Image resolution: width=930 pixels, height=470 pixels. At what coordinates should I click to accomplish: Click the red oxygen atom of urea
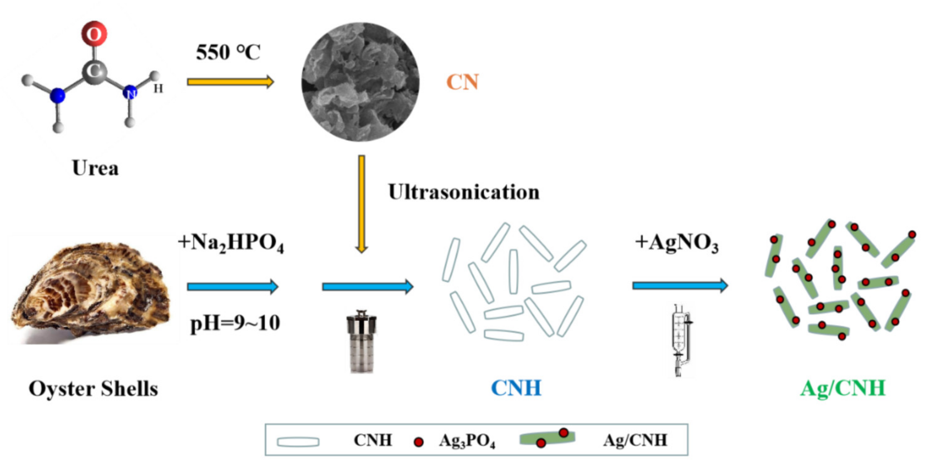(x=94, y=33)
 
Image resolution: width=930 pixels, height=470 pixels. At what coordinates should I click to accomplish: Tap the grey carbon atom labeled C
(x=94, y=71)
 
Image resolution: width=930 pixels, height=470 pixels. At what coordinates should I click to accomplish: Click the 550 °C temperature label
(x=228, y=52)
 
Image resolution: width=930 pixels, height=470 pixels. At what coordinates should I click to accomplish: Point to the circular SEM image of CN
(x=360, y=82)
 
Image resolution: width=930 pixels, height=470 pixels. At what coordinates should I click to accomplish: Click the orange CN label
(x=463, y=82)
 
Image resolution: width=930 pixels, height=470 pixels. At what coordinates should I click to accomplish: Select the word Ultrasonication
(x=463, y=192)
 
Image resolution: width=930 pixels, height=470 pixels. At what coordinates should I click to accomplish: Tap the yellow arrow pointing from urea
(x=230, y=82)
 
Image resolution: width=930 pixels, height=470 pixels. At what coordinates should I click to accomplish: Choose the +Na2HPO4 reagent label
(x=231, y=242)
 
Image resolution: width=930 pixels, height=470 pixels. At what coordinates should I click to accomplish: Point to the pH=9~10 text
(x=235, y=322)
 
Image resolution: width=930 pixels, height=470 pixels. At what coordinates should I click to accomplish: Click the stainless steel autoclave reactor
(x=361, y=341)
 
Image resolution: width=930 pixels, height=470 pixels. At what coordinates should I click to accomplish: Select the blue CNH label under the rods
(x=516, y=388)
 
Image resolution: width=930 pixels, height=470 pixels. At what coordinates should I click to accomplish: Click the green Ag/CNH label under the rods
(x=843, y=388)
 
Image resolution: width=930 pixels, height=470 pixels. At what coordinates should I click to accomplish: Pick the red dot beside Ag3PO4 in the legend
(x=418, y=441)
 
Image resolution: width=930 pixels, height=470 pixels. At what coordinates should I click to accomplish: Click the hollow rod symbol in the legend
(x=298, y=442)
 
